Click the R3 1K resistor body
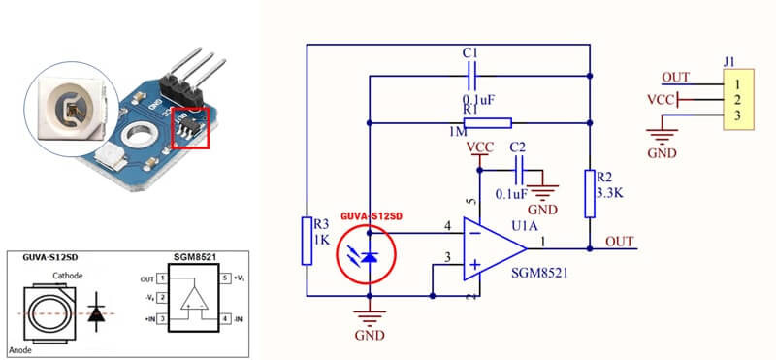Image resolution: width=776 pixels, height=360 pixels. [307, 241]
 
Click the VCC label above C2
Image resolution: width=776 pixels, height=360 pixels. [479, 147]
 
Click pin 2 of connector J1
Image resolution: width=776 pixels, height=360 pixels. [737, 99]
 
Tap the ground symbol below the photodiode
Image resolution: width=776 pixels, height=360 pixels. [370, 318]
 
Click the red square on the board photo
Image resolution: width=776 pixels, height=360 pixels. [190, 129]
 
